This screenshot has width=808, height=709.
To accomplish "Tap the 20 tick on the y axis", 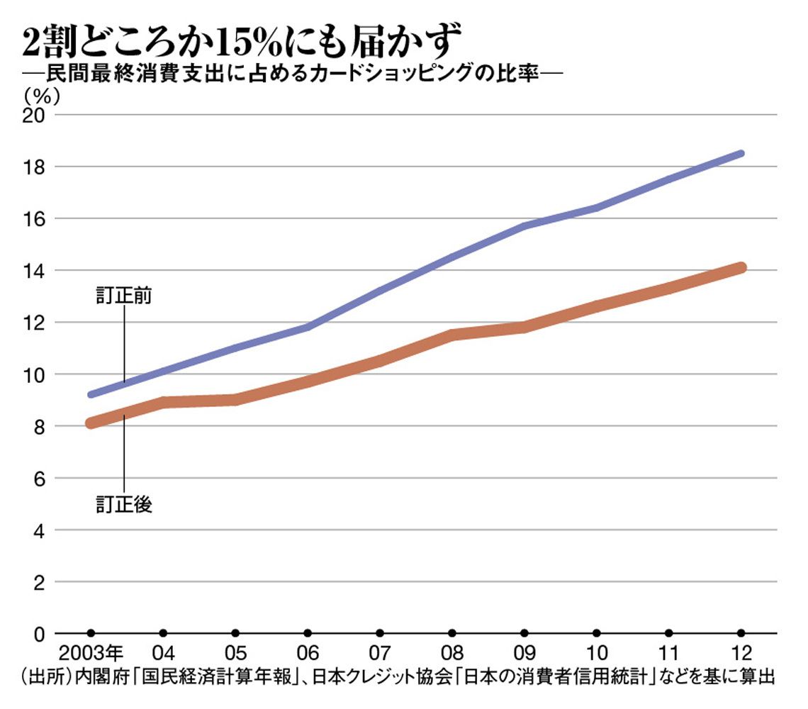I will [x=35, y=115].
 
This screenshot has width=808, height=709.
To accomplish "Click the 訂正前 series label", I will [x=124, y=296].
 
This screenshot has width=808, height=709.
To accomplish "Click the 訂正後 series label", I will [x=124, y=505].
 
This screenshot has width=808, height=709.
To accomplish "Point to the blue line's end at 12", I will [x=741, y=154].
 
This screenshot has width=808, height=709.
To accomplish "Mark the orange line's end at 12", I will [x=741, y=267].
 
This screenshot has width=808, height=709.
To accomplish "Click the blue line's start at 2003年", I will [x=91, y=394].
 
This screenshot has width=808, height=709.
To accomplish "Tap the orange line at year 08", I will [x=452, y=334].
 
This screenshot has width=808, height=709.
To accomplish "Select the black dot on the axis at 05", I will [x=235, y=633].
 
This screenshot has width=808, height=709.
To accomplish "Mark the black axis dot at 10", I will [x=597, y=633].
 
